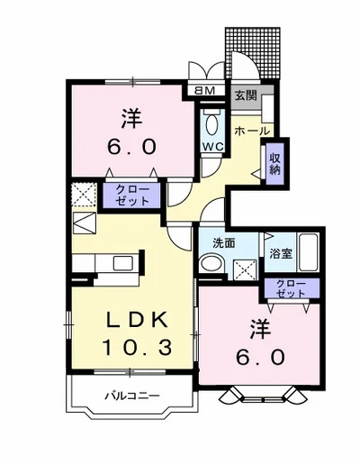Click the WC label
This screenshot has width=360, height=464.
coord(212,146)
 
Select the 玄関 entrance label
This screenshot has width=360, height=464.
coord(246,96)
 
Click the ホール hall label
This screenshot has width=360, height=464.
coord(252,131)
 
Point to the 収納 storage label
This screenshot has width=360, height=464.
coord(274,164)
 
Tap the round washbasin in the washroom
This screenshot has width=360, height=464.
coord(212,264)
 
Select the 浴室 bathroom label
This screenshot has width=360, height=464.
coord(281,254)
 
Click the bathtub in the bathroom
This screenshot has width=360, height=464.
coord(309,252)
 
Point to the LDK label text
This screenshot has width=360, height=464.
coord(138,321)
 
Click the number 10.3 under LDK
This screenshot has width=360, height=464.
coord(138,348)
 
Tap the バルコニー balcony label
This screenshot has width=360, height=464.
coord(132,396)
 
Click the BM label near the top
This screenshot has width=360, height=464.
coord(205,90)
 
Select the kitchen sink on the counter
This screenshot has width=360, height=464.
coord(123,264)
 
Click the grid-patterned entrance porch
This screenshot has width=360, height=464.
coord(255,52)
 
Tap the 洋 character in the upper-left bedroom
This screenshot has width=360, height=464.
coord(131,119)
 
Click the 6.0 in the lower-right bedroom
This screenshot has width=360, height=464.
coord(260,358)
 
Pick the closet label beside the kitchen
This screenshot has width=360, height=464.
coord(132,196)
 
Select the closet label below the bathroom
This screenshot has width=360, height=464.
coord(291,288)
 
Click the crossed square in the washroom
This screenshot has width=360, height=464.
coord(245,270)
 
